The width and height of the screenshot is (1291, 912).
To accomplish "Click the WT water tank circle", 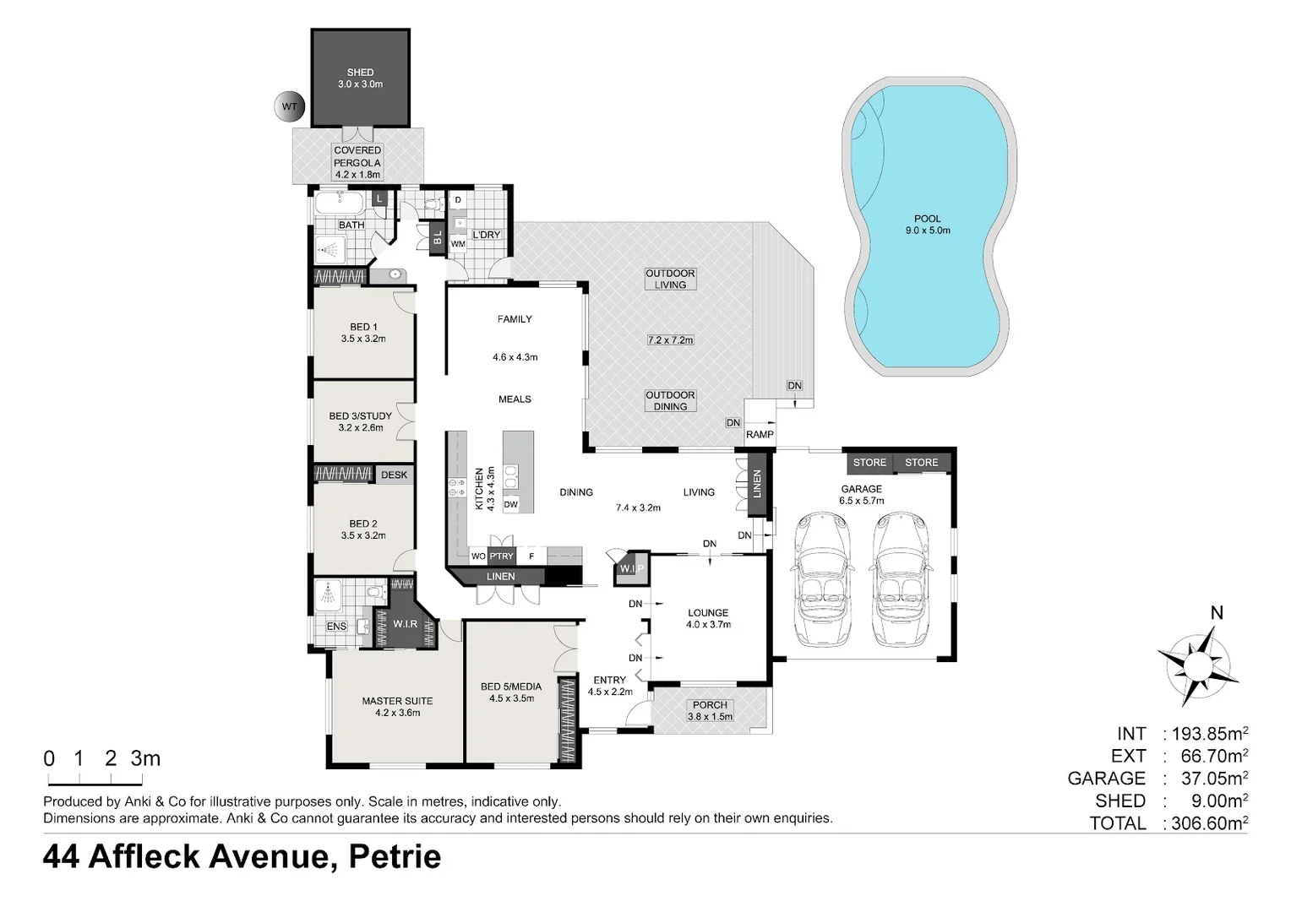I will (290, 107).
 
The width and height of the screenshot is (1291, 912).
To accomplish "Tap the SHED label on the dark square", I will (360, 73).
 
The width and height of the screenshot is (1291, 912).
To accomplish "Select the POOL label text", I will (927, 219).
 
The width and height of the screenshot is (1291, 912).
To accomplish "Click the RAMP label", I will (760, 435).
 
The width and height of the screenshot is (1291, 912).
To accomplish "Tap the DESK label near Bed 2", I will (394, 475).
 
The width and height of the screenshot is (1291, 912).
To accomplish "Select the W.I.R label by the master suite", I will (406, 624).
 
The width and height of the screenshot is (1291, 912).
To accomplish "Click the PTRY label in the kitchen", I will (502, 556).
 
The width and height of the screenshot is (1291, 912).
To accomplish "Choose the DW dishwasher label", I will (510, 505).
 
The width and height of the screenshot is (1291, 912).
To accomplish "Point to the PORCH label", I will (710, 705).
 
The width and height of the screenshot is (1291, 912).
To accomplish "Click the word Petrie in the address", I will (395, 857).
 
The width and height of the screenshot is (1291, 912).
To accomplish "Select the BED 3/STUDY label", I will (361, 416).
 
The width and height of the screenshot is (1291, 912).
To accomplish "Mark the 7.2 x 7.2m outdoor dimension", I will (670, 340).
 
